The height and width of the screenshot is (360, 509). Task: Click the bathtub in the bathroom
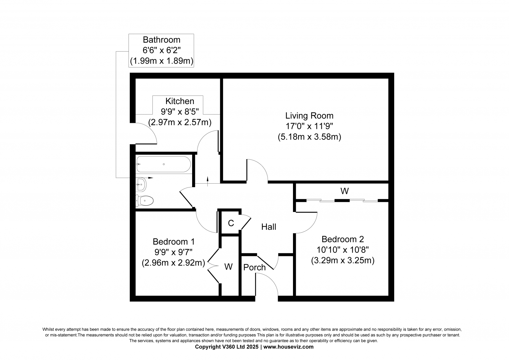click(x=164, y=164)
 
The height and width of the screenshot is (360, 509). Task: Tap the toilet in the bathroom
click(x=144, y=201)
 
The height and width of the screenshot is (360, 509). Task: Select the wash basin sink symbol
click(x=141, y=184)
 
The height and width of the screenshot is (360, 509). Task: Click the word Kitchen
click(x=180, y=101)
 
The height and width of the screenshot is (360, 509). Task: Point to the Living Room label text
click(x=309, y=116)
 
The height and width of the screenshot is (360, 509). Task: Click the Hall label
click(x=268, y=227)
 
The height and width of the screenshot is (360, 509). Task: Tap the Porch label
click(x=254, y=267)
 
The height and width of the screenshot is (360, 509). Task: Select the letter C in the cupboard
click(x=231, y=223)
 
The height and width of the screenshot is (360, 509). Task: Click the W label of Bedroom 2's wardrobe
click(x=345, y=191)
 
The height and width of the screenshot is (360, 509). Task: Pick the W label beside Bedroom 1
click(x=228, y=266)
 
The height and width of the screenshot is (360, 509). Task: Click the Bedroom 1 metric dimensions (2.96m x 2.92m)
click(x=173, y=263)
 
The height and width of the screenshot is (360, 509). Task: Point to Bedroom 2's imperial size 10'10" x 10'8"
click(x=343, y=250)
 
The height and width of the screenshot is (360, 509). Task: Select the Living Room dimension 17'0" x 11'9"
click(x=309, y=126)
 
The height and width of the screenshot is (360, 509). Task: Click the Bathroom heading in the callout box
click(x=162, y=40)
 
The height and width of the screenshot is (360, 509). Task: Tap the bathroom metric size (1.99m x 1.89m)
click(x=162, y=61)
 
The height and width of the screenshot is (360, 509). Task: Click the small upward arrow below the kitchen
click(x=207, y=181)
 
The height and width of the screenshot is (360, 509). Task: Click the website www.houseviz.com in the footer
click(x=288, y=347)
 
